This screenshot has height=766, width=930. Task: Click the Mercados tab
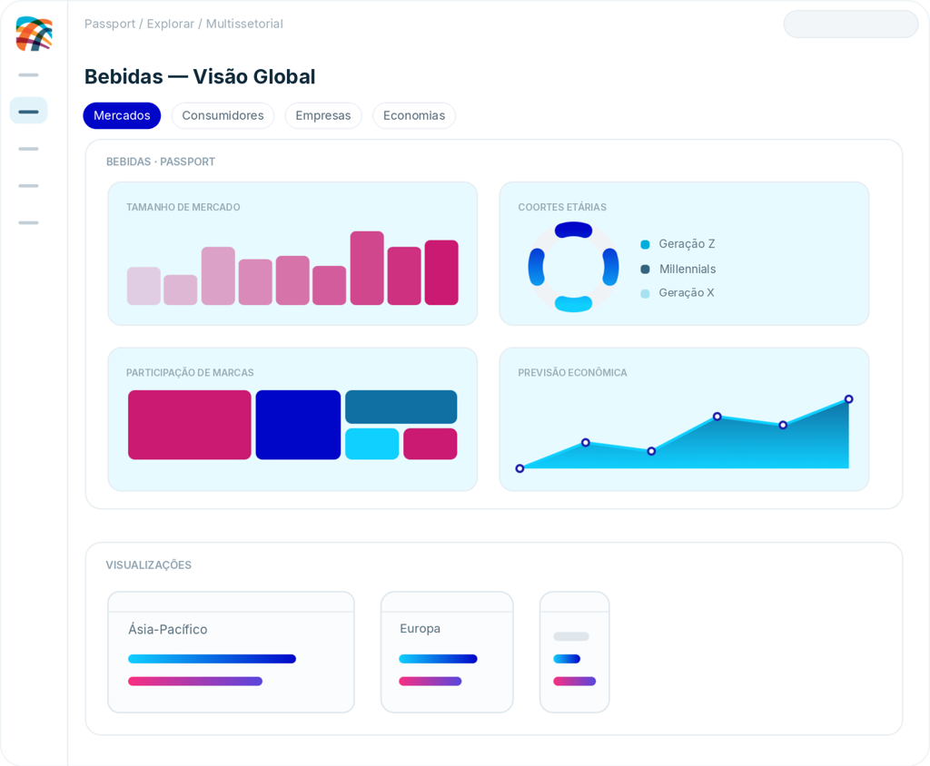tap(122, 115)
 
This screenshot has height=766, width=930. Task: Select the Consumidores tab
tap(223, 115)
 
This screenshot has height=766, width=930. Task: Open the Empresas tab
tap(323, 115)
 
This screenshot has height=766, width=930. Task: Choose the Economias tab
tap(414, 115)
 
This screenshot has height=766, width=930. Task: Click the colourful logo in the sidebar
tap(34, 34)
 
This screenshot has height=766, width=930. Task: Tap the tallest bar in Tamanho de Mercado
tap(367, 268)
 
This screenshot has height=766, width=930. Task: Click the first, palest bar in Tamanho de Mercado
tap(143, 286)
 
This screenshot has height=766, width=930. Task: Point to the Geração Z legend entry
tap(678, 243)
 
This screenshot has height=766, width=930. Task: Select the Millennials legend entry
tap(678, 270)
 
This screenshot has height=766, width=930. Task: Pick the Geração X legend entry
tap(678, 293)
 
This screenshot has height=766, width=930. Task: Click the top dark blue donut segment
tap(574, 230)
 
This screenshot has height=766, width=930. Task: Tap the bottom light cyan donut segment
tap(574, 303)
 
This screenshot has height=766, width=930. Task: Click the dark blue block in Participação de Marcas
tap(298, 425)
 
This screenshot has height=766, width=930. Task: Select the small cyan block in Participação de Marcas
tap(371, 444)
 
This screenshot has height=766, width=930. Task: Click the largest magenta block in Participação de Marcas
tap(190, 425)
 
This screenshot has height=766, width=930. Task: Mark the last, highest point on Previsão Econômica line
tap(849, 399)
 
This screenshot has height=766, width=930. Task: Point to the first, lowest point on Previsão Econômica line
tap(519, 468)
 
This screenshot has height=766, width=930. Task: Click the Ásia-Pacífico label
tap(168, 629)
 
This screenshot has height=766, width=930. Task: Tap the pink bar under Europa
tap(430, 682)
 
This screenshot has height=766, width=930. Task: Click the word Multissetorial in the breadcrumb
tap(244, 24)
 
